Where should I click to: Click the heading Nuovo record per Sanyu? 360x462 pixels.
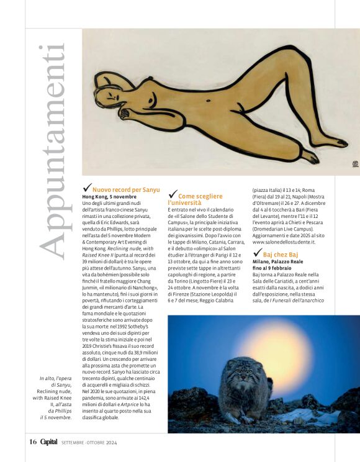(126, 189)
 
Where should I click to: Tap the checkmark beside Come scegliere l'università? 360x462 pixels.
(173, 195)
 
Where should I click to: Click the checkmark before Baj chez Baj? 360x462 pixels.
(257, 253)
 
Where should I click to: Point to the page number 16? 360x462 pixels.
(33, 442)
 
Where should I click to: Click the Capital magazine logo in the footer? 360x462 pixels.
(48, 442)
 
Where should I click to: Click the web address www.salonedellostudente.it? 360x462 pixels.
(284, 242)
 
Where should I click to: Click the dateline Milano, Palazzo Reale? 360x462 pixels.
(277, 262)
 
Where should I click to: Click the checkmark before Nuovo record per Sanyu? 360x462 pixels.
(86, 188)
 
